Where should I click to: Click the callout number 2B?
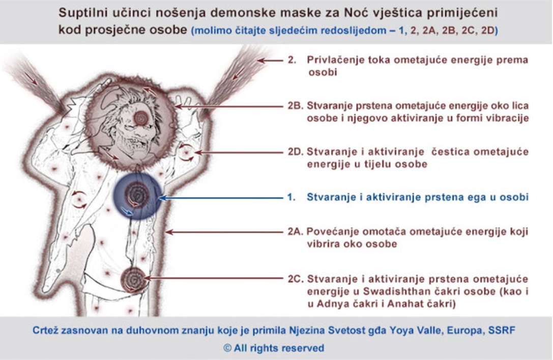(295, 106)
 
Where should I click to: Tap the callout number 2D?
(295, 152)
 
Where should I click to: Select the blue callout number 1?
(291, 197)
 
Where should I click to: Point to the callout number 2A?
(295, 232)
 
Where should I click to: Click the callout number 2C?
(295, 279)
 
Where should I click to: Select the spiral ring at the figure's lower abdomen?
(133, 279)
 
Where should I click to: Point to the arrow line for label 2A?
(224, 232)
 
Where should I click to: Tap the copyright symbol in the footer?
(227, 348)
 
